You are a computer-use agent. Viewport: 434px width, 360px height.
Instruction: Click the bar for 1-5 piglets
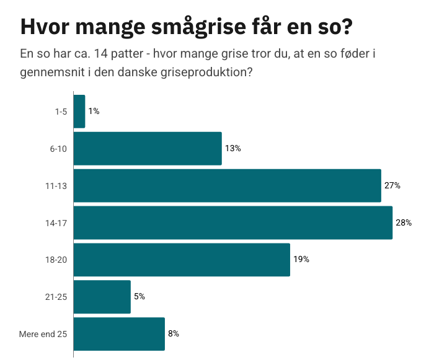pyautogui.click(x=79, y=112)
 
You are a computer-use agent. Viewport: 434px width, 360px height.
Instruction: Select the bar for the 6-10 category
pyautogui.click(x=148, y=149)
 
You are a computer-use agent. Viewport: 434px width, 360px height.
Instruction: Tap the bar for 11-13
pyautogui.click(x=227, y=185)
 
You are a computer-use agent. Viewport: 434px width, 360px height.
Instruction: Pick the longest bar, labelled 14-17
pyautogui.click(x=233, y=222)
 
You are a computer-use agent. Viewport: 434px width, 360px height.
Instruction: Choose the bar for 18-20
pyautogui.click(x=182, y=260)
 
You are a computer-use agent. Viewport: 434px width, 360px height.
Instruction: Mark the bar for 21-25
pyautogui.click(x=102, y=297)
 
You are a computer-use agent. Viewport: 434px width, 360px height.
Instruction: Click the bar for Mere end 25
pyautogui.click(x=119, y=334)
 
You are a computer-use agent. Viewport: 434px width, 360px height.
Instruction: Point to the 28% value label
pyautogui.click(x=404, y=222)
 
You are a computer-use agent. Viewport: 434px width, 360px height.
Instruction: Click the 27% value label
pyautogui.click(x=392, y=185)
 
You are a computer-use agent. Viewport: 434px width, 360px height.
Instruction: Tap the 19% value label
pyautogui.click(x=301, y=260)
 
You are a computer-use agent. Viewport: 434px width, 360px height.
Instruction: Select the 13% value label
pyautogui.click(x=232, y=149)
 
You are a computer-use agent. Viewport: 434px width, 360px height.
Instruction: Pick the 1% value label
pyautogui.click(x=94, y=112)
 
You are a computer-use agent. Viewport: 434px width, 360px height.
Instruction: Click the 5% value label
pyautogui.click(x=139, y=297)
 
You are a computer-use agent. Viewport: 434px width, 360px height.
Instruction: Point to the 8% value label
pyautogui.click(x=173, y=334)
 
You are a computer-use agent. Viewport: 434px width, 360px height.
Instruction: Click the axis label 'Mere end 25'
pyautogui.click(x=43, y=335)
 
